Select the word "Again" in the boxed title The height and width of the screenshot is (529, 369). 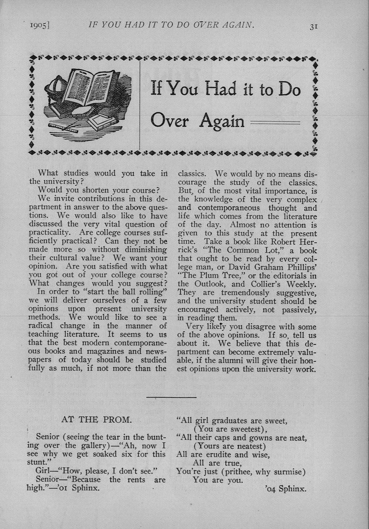click(x=222, y=121)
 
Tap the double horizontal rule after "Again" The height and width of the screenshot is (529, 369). click(x=275, y=123)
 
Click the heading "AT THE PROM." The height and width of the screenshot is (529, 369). click(x=96, y=420)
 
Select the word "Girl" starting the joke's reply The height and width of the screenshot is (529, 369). click(x=43, y=471)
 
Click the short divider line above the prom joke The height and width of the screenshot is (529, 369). click(x=171, y=397)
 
